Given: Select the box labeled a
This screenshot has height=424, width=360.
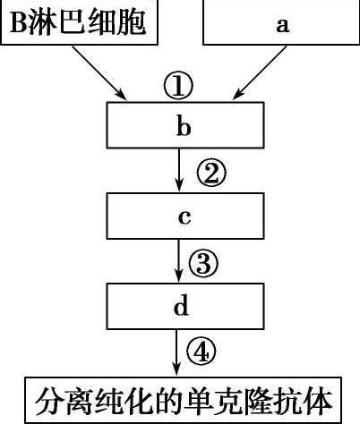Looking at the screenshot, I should click(282, 22).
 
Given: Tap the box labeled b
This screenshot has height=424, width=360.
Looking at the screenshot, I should click(184, 126).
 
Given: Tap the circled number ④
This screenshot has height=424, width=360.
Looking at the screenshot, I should click(204, 352).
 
